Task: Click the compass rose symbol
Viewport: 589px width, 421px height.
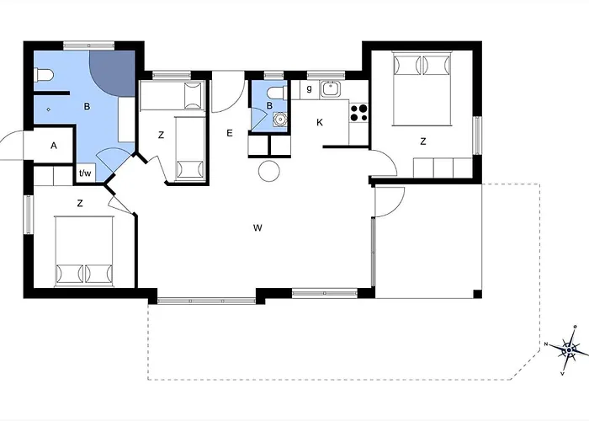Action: (570, 350)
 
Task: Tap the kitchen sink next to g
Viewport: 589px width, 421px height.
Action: (331, 89)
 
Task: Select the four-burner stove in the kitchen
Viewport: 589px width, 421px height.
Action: (358, 113)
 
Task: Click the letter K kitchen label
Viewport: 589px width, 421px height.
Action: (320, 122)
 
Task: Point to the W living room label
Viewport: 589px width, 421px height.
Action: (257, 227)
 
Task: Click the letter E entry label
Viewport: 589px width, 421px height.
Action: (230, 133)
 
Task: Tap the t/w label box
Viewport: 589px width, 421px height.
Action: (85, 173)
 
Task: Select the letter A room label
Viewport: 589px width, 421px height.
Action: (54, 146)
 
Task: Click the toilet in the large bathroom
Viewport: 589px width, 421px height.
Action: (43, 75)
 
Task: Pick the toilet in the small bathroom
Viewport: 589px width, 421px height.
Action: (278, 93)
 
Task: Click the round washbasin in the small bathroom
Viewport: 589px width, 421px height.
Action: (280, 119)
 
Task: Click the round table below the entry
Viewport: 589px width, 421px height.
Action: (269, 171)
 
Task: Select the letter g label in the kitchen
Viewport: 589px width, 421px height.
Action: (309, 88)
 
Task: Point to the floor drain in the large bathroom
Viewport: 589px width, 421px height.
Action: (49, 109)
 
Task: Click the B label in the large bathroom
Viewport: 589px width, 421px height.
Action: (87, 106)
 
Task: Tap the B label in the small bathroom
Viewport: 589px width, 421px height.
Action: (269, 106)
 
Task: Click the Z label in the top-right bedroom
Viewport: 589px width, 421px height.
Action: (423, 141)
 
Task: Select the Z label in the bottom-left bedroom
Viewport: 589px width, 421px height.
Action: (80, 204)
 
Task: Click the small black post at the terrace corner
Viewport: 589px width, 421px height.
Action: (477, 294)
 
